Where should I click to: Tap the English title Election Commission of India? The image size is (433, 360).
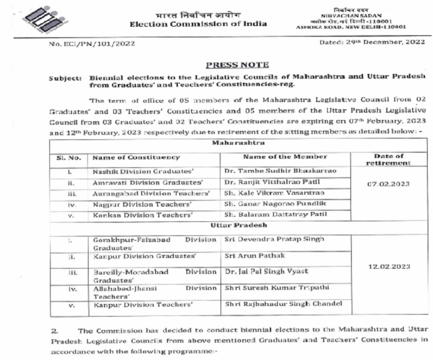[x=198, y=24]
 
